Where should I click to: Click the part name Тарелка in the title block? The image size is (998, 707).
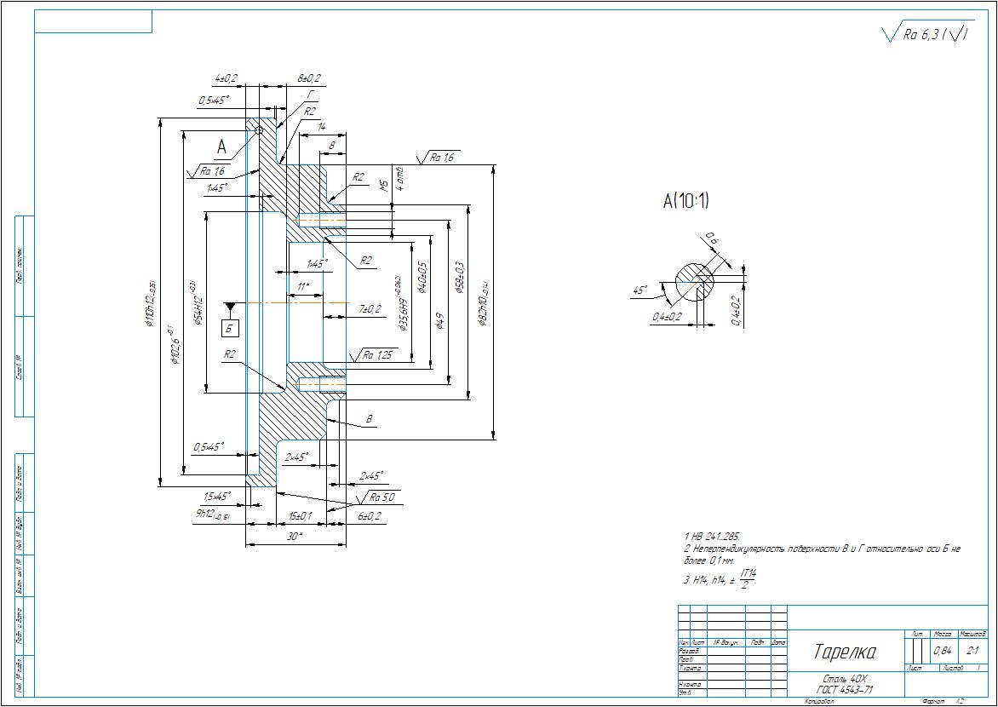point(845,653)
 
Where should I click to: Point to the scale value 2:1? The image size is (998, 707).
point(973,651)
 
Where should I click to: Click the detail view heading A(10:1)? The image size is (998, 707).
point(686,202)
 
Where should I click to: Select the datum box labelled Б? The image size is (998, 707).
point(231,326)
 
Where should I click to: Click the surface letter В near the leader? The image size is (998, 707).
point(369,419)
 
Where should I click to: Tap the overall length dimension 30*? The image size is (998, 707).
point(295,537)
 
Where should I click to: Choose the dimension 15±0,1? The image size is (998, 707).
point(300,516)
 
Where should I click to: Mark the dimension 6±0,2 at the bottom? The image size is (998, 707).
point(369,516)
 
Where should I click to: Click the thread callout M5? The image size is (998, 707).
point(384,185)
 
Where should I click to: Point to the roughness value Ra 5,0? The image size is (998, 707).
point(381,497)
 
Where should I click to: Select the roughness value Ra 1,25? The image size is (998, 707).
point(376,355)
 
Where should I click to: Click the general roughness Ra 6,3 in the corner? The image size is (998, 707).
point(921,34)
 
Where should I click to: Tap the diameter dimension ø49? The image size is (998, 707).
point(439,321)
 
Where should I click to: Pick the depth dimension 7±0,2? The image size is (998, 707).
point(370,308)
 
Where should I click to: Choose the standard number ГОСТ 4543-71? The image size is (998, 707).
point(844,690)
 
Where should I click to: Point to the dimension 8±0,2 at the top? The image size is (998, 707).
point(308,78)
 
